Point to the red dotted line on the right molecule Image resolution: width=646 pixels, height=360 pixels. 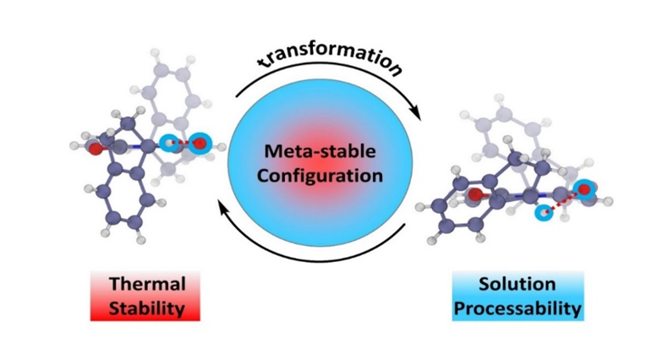pyautogui.click(x=563, y=203)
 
